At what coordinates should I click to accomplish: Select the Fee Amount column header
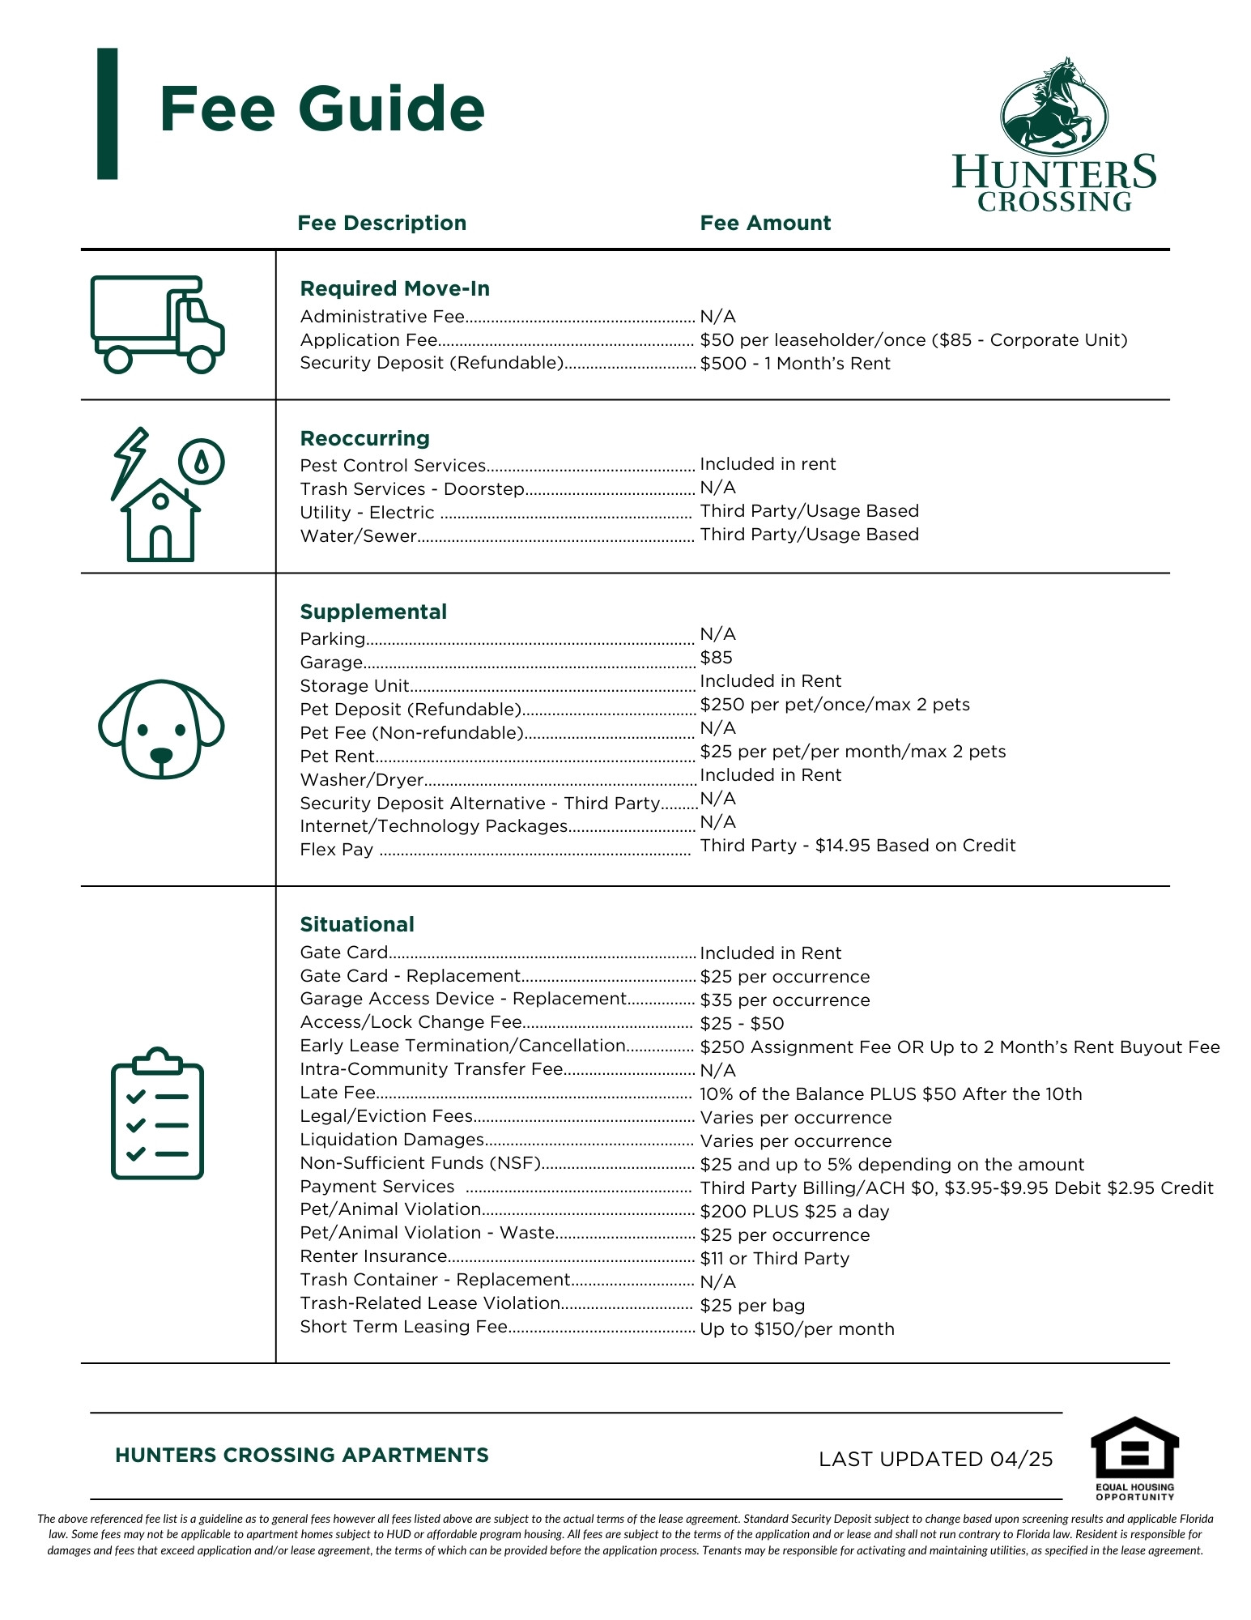(765, 223)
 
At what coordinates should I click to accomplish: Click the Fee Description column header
(381, 223)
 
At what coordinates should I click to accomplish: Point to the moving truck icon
(157, 324)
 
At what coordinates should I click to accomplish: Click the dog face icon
(161, 728)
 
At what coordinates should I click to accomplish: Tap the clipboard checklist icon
(157, 1113)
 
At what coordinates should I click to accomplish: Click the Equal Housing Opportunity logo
(1134, 1458)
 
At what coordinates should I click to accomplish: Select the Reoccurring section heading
(364, 438)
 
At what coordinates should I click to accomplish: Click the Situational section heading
(356, 924)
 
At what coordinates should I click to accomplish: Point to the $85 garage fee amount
(716, 658)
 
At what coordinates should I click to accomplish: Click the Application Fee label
(368, 340)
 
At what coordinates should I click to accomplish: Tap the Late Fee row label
(338, 1093)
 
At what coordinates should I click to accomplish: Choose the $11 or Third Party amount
(774, 1258)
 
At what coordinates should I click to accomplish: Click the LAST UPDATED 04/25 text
(935, 1459)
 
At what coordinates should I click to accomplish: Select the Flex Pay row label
(336, 850)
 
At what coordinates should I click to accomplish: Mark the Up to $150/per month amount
(797, 1328)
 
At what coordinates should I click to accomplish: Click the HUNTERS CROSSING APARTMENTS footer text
(301, 1455)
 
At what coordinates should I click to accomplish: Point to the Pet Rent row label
(337, 757)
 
